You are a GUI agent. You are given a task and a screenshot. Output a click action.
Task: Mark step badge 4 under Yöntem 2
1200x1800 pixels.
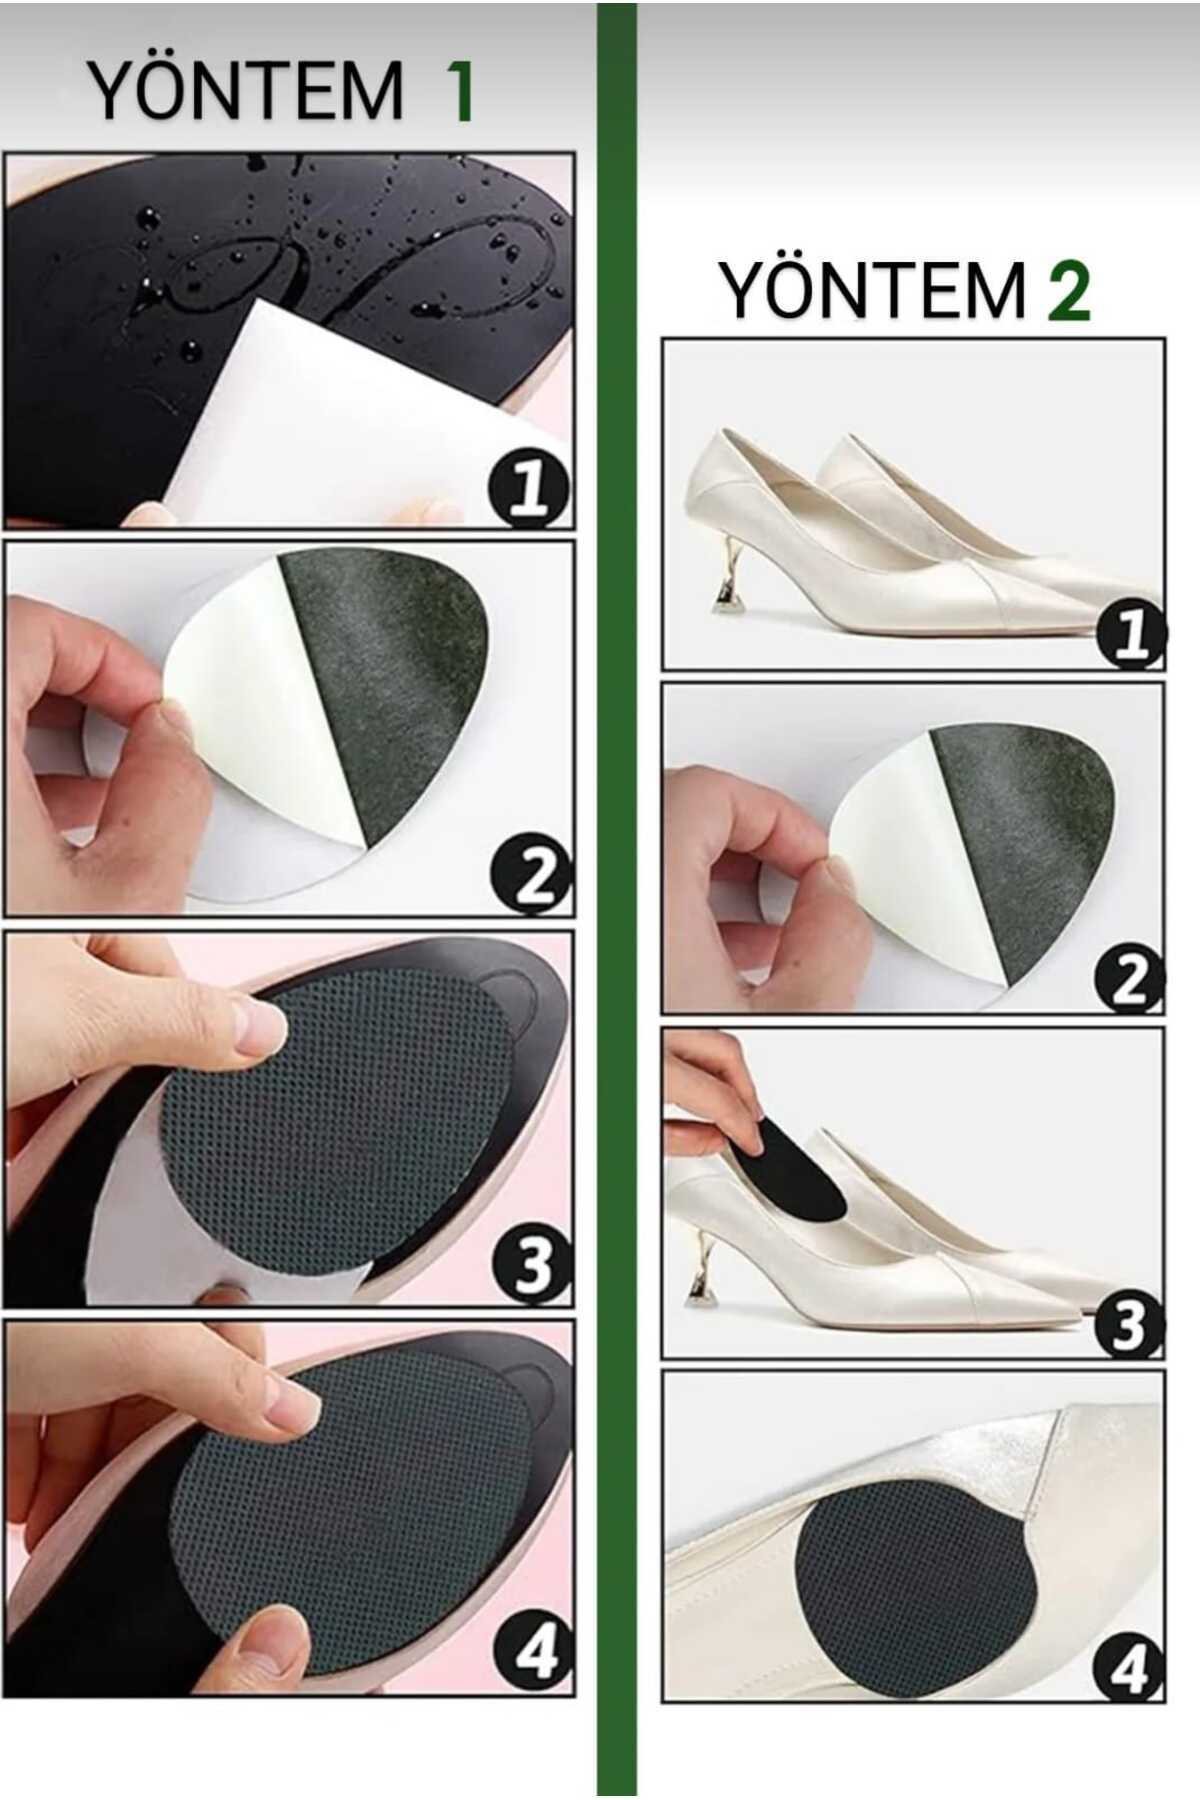tap(1128, 1664)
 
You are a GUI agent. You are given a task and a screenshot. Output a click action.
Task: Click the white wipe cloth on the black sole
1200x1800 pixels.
tap(370, 420)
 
